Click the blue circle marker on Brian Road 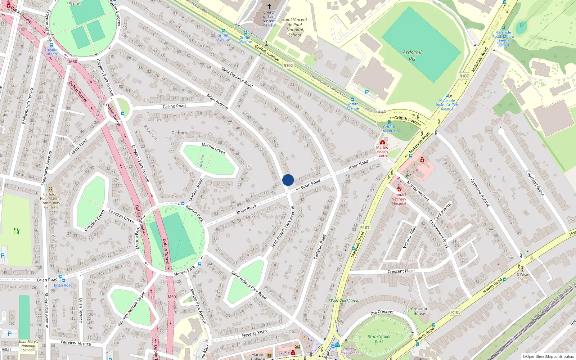click(288, 180)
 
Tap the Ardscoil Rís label click(412, 56)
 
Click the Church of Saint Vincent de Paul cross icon click(269, 6)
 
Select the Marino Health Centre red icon click(382, 142)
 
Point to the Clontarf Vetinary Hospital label click(399, 199)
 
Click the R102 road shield click(288, 66)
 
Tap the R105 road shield click(456, 312)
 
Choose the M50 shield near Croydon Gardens click(73, 62)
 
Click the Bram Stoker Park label click(379, 339)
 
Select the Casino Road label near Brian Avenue click(174, 106)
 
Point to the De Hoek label click(179, 133)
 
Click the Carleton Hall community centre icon click(50, 189)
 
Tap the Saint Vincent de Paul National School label click(294, 27)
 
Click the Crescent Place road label click(401, 271)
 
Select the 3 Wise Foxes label click(522, 276)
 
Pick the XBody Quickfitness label click(343, 300)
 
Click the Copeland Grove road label click(535, 183)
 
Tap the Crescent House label click(419, 311)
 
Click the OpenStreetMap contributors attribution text click(548, 356)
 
